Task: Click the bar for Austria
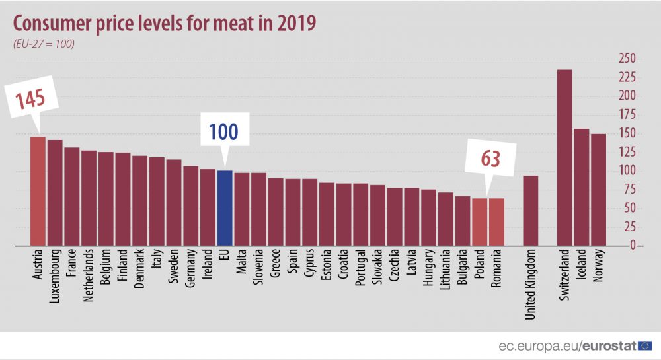click(38, 192)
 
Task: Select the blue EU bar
click(225, 208)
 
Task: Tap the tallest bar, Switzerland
click(564, 158)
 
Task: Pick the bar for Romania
click(496, 222)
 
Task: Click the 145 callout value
click(30, 100)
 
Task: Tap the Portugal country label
click(361, 270)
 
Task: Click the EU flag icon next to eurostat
click(646, 345)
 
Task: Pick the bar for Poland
click(479, 222)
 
